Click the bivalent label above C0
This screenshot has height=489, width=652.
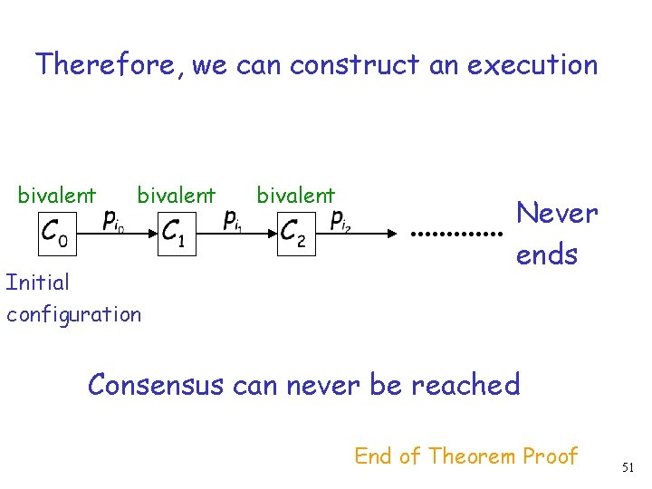coord(57,195)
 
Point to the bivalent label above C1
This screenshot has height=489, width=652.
coord(176,195)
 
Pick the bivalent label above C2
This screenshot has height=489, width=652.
coord(295,195)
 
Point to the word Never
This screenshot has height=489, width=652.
coord(556,214)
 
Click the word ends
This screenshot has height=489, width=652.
coord(546,254)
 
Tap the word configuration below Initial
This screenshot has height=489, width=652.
coord(73,315)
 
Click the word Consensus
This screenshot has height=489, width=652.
coord(156,385)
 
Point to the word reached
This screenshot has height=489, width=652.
coord(465,385)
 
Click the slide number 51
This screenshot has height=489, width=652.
coord(628,466)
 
